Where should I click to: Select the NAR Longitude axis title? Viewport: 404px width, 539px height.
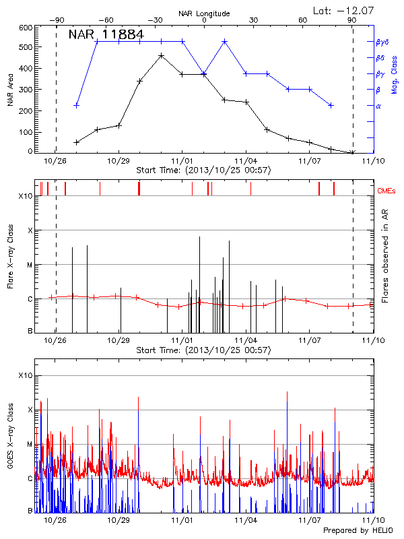coord(205,13)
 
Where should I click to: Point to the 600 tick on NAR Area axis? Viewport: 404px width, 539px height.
coord(26,28)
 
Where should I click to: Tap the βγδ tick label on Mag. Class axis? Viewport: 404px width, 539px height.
coord(382,42)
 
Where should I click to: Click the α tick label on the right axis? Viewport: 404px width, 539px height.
coord(378,106)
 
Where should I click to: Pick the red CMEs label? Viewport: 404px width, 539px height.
coord(387,191)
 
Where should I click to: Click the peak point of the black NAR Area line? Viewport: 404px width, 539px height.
coord(161,56)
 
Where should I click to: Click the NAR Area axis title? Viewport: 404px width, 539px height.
coord(10,90)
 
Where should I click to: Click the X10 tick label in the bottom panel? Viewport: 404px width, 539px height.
coord(26,375)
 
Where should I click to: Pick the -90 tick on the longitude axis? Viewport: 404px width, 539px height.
coord(55,20)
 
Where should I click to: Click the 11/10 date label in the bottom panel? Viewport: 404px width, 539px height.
coord(374,520)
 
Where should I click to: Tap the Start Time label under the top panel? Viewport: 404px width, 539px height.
coord(203,170)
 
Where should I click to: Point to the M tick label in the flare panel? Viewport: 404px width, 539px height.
coord(29,265)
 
